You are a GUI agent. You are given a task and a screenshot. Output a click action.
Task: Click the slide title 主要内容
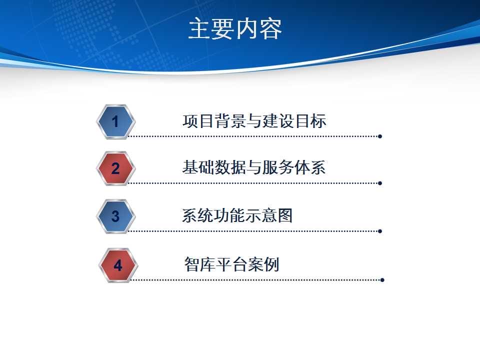(235, 29)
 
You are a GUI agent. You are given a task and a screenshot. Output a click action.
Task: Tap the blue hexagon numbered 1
(115, 121)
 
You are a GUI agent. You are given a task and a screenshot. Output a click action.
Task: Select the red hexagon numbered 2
(115, 168)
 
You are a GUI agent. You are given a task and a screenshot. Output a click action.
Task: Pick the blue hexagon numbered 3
(115, 216)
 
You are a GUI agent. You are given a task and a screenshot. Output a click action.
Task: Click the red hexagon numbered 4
(118, 265)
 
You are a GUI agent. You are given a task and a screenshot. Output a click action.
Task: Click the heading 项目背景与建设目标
(254, 120)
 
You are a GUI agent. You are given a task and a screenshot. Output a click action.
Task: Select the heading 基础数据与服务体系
(254, 167)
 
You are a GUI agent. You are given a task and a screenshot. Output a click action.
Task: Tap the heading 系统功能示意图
(237, 215)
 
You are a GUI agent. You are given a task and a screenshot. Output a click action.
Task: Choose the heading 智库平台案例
(231, 264)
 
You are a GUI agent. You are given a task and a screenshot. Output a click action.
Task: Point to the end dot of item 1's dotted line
(380, 136)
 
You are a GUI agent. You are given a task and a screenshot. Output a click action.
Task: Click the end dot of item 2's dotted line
(380, 183)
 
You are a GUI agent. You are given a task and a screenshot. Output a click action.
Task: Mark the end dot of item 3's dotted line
(380, 231)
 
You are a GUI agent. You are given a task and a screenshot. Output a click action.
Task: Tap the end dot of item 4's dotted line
(382, 280)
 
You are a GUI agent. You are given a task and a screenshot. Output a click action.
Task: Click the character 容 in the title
(270, 29)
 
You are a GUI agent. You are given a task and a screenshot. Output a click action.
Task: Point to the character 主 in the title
(199, 29)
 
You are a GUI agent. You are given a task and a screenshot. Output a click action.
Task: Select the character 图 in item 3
(285, 215)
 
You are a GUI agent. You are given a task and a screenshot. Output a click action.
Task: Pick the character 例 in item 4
(271, 264)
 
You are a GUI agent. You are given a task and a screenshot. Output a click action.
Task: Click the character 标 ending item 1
(318, 120)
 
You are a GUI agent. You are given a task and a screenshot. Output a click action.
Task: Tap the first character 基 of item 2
(190, 167)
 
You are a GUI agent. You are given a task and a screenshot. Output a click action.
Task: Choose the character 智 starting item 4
(192, 264)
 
